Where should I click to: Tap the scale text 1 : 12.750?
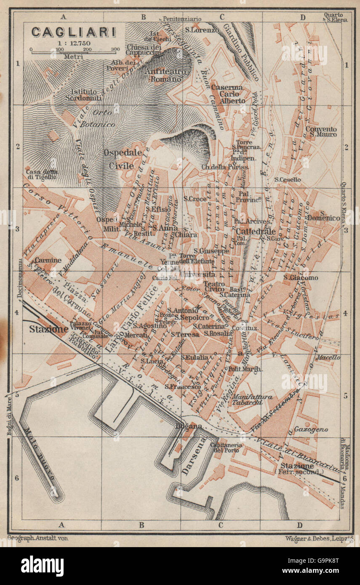click(x=72, y=43)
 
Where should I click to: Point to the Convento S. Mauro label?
click(x=321, y=132)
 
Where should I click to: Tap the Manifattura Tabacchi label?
click(x=253, y=399)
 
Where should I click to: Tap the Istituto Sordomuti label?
click(x=83, y=95)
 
